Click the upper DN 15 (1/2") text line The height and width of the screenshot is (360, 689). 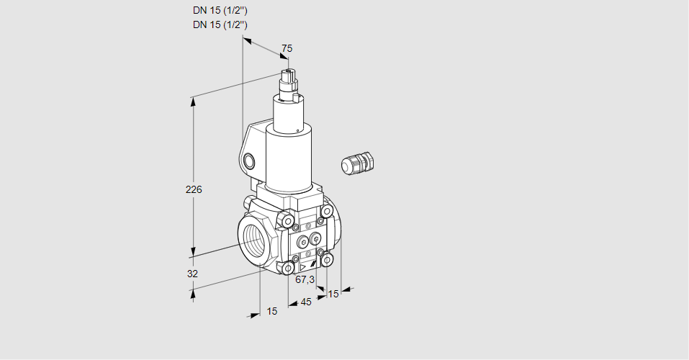point(220,11)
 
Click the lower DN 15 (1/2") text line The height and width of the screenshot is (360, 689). point(220,24)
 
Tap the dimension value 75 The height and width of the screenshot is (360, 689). point(287,48)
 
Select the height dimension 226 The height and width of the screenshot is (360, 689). point(194,190)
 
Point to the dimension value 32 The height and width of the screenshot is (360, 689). point(192,274)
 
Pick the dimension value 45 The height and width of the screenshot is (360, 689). point(306,302)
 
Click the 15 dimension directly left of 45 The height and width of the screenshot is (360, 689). point(271,311)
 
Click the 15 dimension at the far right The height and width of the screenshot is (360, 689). point(333,294)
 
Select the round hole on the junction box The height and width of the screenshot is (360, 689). point(249,161)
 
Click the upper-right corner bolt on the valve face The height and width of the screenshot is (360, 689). point(327,211)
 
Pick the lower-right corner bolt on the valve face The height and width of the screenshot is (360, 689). point(328,259)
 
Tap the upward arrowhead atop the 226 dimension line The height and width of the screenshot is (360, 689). point(193,102)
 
